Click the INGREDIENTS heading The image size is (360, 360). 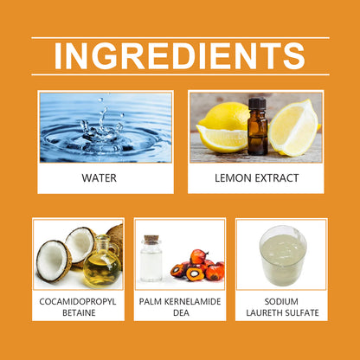coord(179,56)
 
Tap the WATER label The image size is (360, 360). coord(100,178)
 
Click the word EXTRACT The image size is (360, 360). coord(277,178)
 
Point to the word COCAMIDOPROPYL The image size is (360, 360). coord(78,302)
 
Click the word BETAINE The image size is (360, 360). coord(79,312)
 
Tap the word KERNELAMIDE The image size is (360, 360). coord(192,302)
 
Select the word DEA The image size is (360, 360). coord(181,312)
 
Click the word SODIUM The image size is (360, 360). coord(281,302)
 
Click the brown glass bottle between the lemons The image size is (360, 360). coord(257,126)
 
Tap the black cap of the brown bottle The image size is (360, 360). coord(257,104)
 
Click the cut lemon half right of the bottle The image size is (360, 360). coord(293,128)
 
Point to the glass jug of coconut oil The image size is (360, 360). coord(101,261)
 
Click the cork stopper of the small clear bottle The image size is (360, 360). coord(151,240)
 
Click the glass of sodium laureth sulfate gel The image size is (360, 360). coord(283,255)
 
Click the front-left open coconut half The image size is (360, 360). coord(54,261)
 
